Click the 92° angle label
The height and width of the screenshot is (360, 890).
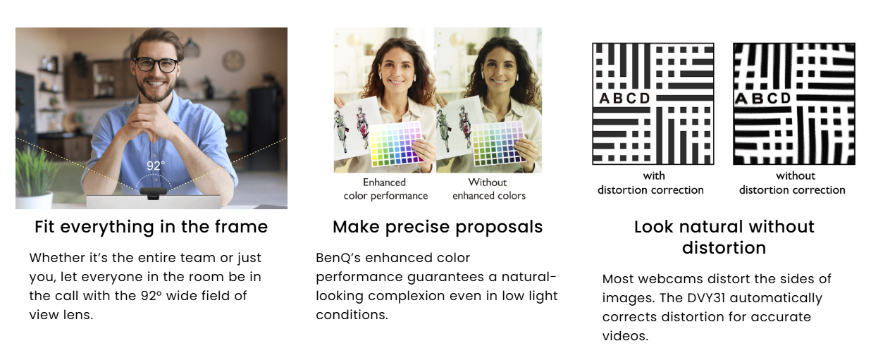(x=155, y=166)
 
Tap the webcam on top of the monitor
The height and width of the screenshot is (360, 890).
(x=154, y=193)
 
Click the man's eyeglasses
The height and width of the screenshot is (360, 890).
(x=156, y=64)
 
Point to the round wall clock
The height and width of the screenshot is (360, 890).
(x=233, y=61)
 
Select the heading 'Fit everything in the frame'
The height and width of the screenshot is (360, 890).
(x=152, y=227)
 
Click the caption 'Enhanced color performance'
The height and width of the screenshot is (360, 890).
(x=385, y=189)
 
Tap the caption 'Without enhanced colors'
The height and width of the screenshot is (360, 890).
(x=489, y=189)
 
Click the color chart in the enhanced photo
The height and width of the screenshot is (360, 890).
(x=395, y=144)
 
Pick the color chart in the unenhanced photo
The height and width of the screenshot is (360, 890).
(x=498, y=144)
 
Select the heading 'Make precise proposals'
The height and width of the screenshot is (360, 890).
(x=438, y=227)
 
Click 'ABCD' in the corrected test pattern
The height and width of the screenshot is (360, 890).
(x=624, y=98)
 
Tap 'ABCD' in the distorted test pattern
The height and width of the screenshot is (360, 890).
(x=762, y=98)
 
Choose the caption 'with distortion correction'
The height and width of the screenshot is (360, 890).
(x=651, y=182)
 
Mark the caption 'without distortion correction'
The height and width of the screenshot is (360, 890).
(x=792, y=182)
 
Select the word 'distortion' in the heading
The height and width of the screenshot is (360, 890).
(x=724, y=248)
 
